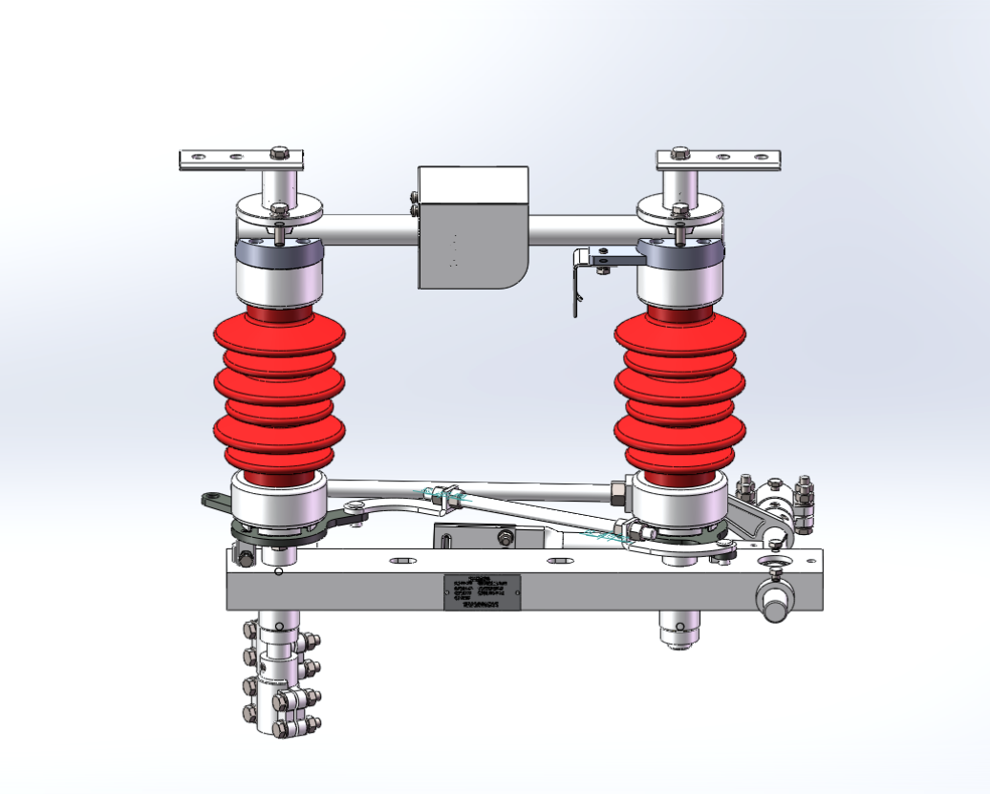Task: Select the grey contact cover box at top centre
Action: click(472, 227)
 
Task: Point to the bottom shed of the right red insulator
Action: click(679, 457)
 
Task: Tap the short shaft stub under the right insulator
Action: click(679, 629)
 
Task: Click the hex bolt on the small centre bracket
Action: click(504, 538)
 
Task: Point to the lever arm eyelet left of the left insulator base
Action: click(209, 499)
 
